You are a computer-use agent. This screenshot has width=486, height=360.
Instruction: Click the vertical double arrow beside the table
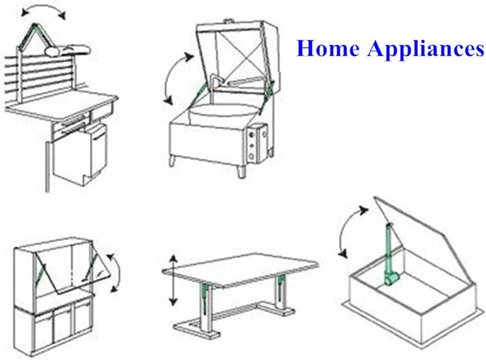pos(173,280)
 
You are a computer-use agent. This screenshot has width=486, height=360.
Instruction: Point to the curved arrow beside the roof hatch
pos(346,233)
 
